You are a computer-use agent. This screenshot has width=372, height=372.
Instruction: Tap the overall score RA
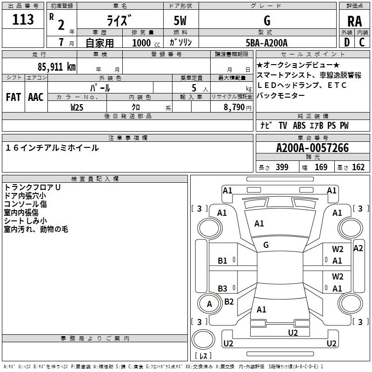[355, 21]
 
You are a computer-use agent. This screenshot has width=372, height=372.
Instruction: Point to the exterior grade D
[346, 42]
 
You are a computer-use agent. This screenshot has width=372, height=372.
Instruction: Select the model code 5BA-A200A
[266, 43]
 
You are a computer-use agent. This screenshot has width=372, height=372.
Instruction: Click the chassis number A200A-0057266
[312, 148]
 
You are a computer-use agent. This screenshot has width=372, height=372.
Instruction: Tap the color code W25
[77, 107]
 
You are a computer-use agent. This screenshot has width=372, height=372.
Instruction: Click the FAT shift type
[13, 97]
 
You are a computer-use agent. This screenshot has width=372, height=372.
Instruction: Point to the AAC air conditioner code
[35, 97]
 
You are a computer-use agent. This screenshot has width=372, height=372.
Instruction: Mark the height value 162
[358, 167]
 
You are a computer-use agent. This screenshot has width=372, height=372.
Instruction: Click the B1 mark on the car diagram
[223, 261]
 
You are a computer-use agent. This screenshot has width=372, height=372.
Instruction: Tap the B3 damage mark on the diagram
[223, 288]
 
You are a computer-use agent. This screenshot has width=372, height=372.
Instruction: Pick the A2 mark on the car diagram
[358, 248]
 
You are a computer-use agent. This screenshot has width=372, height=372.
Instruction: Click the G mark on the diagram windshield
[266, 245]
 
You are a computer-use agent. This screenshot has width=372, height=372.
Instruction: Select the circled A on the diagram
[209, 304]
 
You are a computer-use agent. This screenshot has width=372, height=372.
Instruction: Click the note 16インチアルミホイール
[52, 148]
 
